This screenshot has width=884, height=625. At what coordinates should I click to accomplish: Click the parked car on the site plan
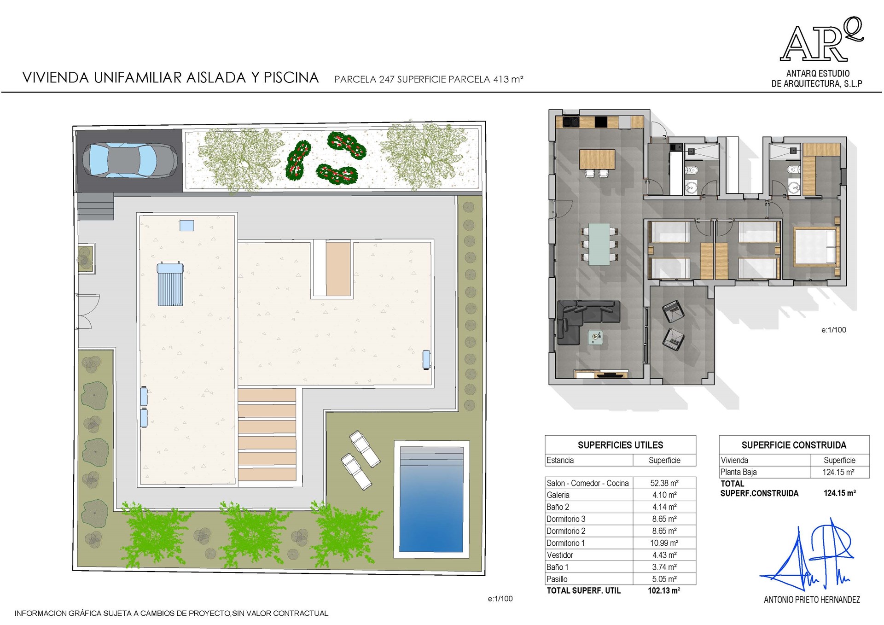[x=130, y=160]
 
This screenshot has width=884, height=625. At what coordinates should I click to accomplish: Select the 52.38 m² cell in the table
[x=664, y=483]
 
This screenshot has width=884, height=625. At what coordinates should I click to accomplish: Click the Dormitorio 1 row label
[x=565, y=543]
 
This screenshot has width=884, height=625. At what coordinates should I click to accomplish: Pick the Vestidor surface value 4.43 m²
[x=664, y=555]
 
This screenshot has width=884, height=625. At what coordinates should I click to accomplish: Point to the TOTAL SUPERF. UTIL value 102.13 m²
[x=664, y=590]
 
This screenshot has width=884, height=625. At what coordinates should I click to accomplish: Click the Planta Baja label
[x=739, y=472]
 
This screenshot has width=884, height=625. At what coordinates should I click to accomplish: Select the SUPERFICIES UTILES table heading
[x=620, y=445]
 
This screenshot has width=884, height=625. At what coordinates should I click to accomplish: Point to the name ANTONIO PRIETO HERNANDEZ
[x=812, y=600]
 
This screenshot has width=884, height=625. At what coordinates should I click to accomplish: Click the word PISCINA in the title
[x=291, y=77]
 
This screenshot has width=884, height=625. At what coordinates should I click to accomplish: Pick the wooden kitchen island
[x=597, y=159]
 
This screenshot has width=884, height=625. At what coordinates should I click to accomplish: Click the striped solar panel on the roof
[x=170, y=284]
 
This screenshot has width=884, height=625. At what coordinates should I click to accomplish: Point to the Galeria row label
[x=558, y=495]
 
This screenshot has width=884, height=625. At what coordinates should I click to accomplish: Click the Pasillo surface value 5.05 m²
[x=664, y=579]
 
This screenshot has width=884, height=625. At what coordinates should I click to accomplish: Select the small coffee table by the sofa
[x=596, y=338]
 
